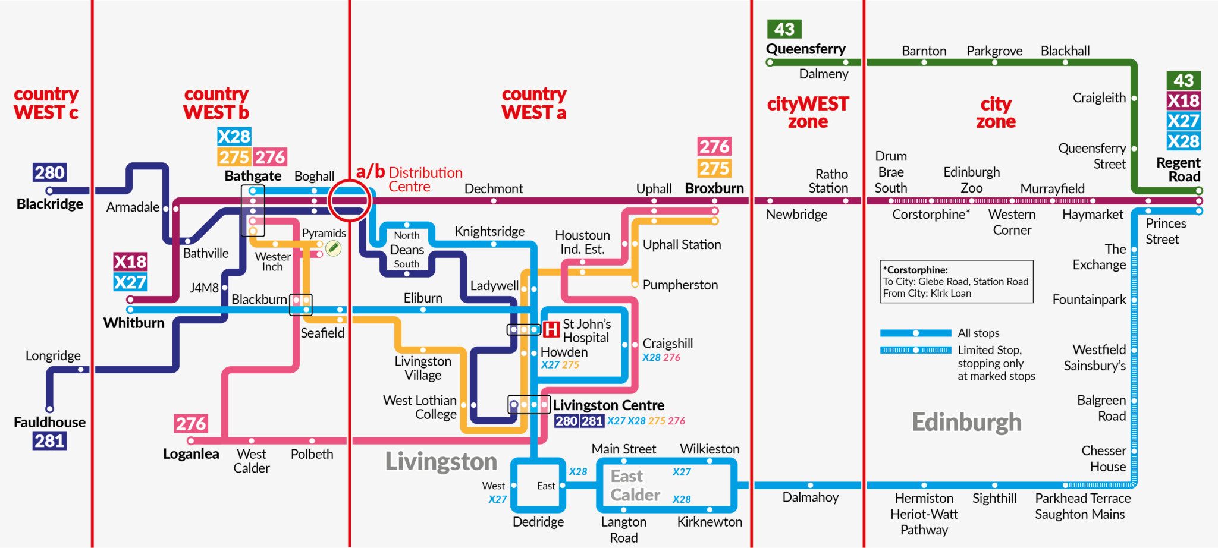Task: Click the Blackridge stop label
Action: point(50,204)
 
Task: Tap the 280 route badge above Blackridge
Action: point(49,172)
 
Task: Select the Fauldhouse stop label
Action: point(50,422)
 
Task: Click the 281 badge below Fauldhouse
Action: point(49,441)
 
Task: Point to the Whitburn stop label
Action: point(134,323)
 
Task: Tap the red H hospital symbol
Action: point(551,329)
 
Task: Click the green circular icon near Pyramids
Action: point(334,248)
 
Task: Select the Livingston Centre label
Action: point(608,405)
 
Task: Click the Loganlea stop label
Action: point(191,454)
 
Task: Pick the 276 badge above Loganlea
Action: point(191,424)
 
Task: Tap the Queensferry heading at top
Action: point(805,49)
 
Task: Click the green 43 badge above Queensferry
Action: point(784,29)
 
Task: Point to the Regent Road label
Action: point(1178,169)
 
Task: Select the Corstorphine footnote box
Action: point(956,282)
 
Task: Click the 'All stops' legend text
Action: point(978,333)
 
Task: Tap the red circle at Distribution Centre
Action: point(350,201)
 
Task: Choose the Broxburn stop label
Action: point(714,188)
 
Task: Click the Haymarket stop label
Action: point(1093,215)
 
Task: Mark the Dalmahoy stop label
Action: point(810,497)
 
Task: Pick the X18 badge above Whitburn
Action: point(130,262)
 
